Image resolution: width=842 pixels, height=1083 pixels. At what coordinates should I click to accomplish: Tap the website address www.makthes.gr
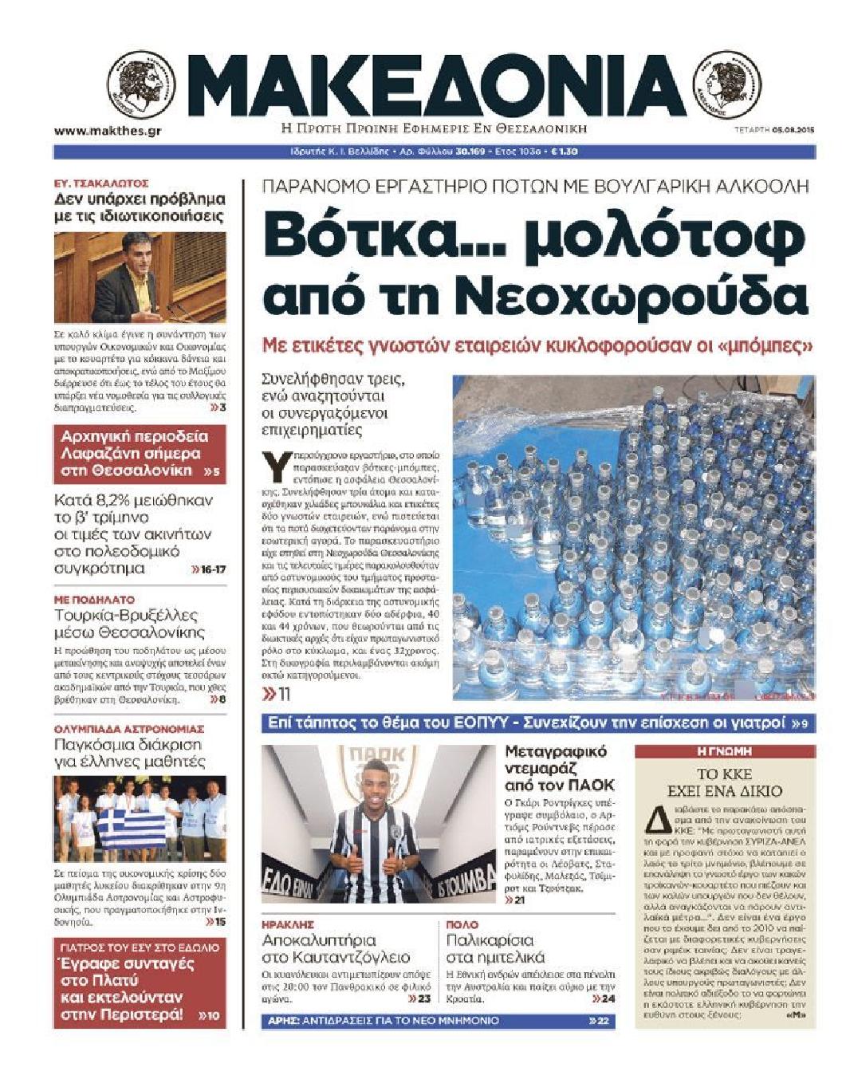click(x=108, y=131)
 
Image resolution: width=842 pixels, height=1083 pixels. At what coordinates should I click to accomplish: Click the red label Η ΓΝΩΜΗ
click(x=724, y=751)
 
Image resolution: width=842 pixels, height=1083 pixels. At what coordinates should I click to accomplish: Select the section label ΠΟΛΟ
click(x=462, y=924)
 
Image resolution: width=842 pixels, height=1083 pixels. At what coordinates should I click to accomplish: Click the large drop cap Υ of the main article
click(x=276, y=467)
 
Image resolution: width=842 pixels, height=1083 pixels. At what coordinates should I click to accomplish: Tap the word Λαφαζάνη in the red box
click(x=97, y=454)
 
